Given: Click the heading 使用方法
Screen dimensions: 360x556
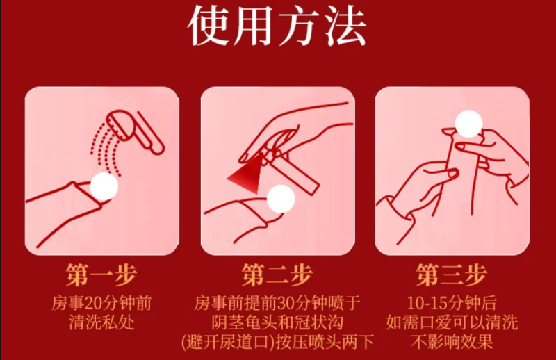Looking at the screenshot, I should (277, 27).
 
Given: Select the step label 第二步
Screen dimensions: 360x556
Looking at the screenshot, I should (277, 275).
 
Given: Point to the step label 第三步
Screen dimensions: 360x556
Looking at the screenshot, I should (452, 275).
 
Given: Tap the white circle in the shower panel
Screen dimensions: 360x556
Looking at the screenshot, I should (105, 186).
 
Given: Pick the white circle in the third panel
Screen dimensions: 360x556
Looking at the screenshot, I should (468, 126).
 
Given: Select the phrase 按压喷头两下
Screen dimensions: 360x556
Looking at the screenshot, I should (326, 343).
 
